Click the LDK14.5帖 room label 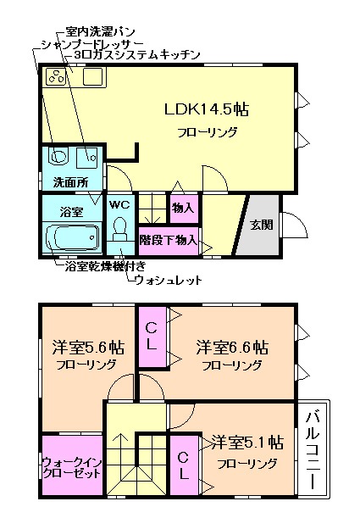[206, 110]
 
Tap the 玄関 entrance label [260, 226]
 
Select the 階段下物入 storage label [169, 240]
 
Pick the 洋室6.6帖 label [233, 347]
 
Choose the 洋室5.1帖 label [247, 442]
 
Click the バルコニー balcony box [313, 449]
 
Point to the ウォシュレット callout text [169, 280]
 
